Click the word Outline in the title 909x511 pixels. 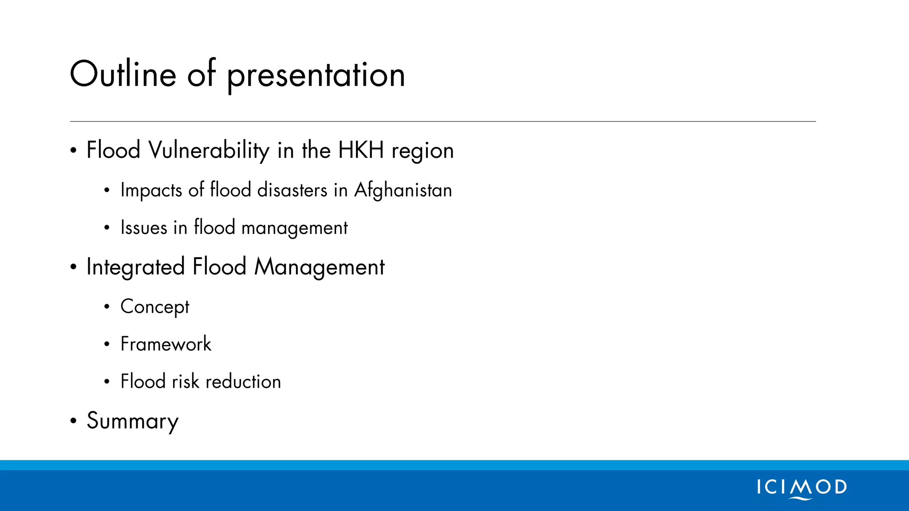click(x=123, y=74)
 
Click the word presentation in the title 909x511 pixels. click(x=316, y=75)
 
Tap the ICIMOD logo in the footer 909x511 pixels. click(x=802, y=488)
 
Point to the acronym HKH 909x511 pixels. click(x=361, y=150)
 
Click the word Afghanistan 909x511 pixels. click(x=403, y=190)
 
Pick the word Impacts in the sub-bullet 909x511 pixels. click(x=151, y=190)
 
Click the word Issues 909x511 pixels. click(x=144, y=228)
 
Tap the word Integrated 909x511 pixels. click(x=135, y=267)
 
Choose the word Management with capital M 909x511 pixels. click(x=320, y=267)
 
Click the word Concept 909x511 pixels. click(x=155, y=307)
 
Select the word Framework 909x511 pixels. click(x=166, y=344)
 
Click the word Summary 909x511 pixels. click(x=133, y=421)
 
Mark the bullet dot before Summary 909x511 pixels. click(x=73, y=421)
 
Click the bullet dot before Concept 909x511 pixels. click(x=107, y=307)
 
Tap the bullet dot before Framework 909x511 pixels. click(x=107, y=344)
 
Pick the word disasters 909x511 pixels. click(x=292, y=190)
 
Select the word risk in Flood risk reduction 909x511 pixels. click(x=186, y=381)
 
